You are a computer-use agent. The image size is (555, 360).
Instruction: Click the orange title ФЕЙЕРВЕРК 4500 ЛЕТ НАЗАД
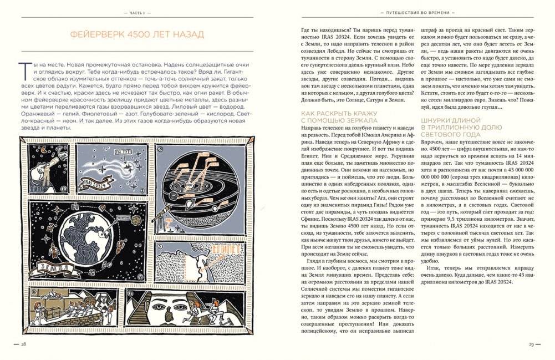click(137, 34)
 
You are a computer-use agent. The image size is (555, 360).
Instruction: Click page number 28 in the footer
click(23, 344)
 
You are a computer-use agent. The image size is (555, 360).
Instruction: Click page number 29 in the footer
click(531, 344)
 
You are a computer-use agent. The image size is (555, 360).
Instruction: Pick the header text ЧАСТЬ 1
click(137, 11)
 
